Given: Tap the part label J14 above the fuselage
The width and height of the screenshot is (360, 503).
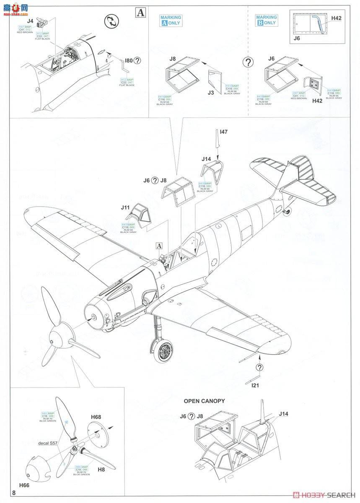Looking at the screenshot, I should click(206, 159).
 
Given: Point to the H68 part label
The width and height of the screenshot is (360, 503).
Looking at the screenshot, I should click(96, 417).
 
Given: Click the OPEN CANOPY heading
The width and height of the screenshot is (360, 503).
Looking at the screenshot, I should click(204, 401).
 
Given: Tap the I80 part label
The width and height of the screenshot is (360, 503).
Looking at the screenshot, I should click(128, 60).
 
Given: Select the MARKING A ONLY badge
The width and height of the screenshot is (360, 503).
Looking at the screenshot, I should click(171, 21).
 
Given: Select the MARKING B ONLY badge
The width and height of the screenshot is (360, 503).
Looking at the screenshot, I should click(267, 21).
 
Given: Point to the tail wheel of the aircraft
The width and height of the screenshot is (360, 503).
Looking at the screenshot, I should click(287, 212).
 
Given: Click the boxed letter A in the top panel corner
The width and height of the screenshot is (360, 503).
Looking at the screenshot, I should click(140, 13).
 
